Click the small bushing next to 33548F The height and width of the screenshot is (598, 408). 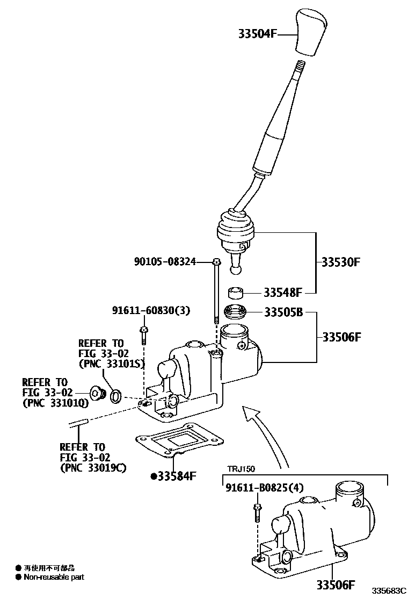click(x=236, y=293)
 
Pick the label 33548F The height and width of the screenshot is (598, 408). click(x=283, y=293)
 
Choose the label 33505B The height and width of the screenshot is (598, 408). click(x=283, y=312)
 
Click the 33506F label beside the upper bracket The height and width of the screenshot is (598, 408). click(x=341, y=337)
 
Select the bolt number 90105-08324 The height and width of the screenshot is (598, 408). click(x=164, y=262)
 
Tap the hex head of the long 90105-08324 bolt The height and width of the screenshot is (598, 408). click(x=215, y=262)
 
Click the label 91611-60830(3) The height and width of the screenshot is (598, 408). click(x=151, y=310)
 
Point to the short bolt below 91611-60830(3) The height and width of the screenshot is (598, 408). click(x=143, y=334)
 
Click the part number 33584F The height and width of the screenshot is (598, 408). click(x=177, y=476)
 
